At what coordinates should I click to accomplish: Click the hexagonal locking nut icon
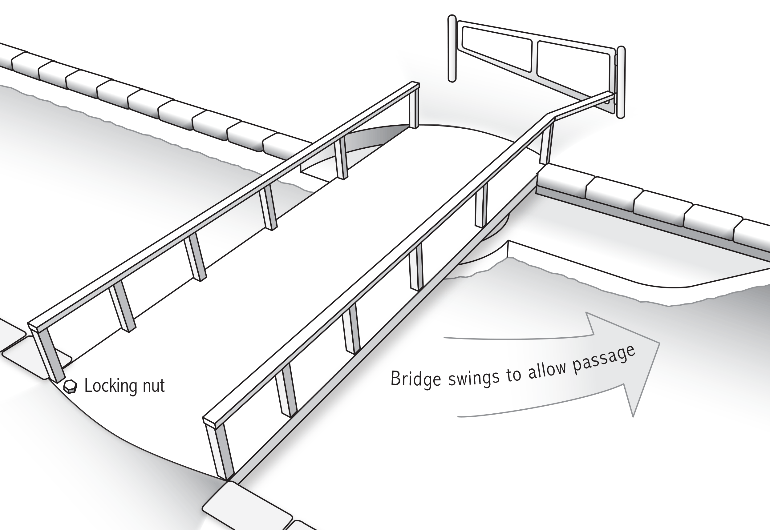pos(70,387)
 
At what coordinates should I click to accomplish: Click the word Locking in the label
pos(110,386)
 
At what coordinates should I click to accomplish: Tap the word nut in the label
pos(153,386)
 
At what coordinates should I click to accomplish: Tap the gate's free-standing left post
pos(452,48)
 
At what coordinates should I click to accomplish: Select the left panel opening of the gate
pos(497,48)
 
